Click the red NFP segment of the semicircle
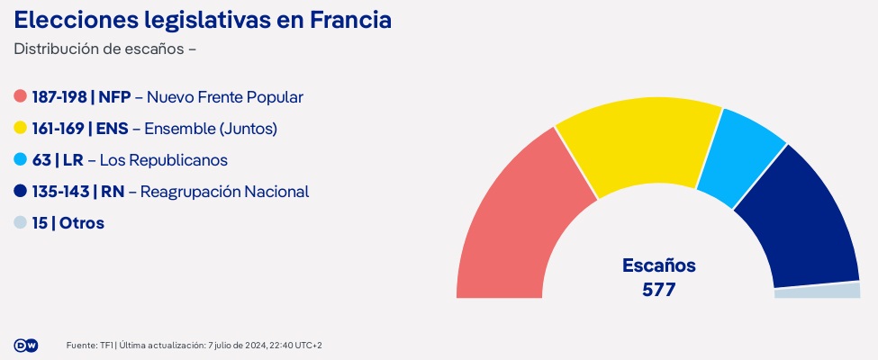pos(513,225)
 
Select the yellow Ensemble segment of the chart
pos(635,144)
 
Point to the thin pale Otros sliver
pos(818,291)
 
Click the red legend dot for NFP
pos(21,97)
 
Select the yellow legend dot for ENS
pos(21,129)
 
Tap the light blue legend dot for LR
pos(21,160)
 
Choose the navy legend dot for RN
pos(21,192)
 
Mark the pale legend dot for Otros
pos(21,223)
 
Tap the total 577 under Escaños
pos(658,290)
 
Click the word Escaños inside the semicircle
pos(658,266)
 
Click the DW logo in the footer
pos(26,346)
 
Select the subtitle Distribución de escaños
pos(99,49)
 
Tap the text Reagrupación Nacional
pos(225,192)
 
